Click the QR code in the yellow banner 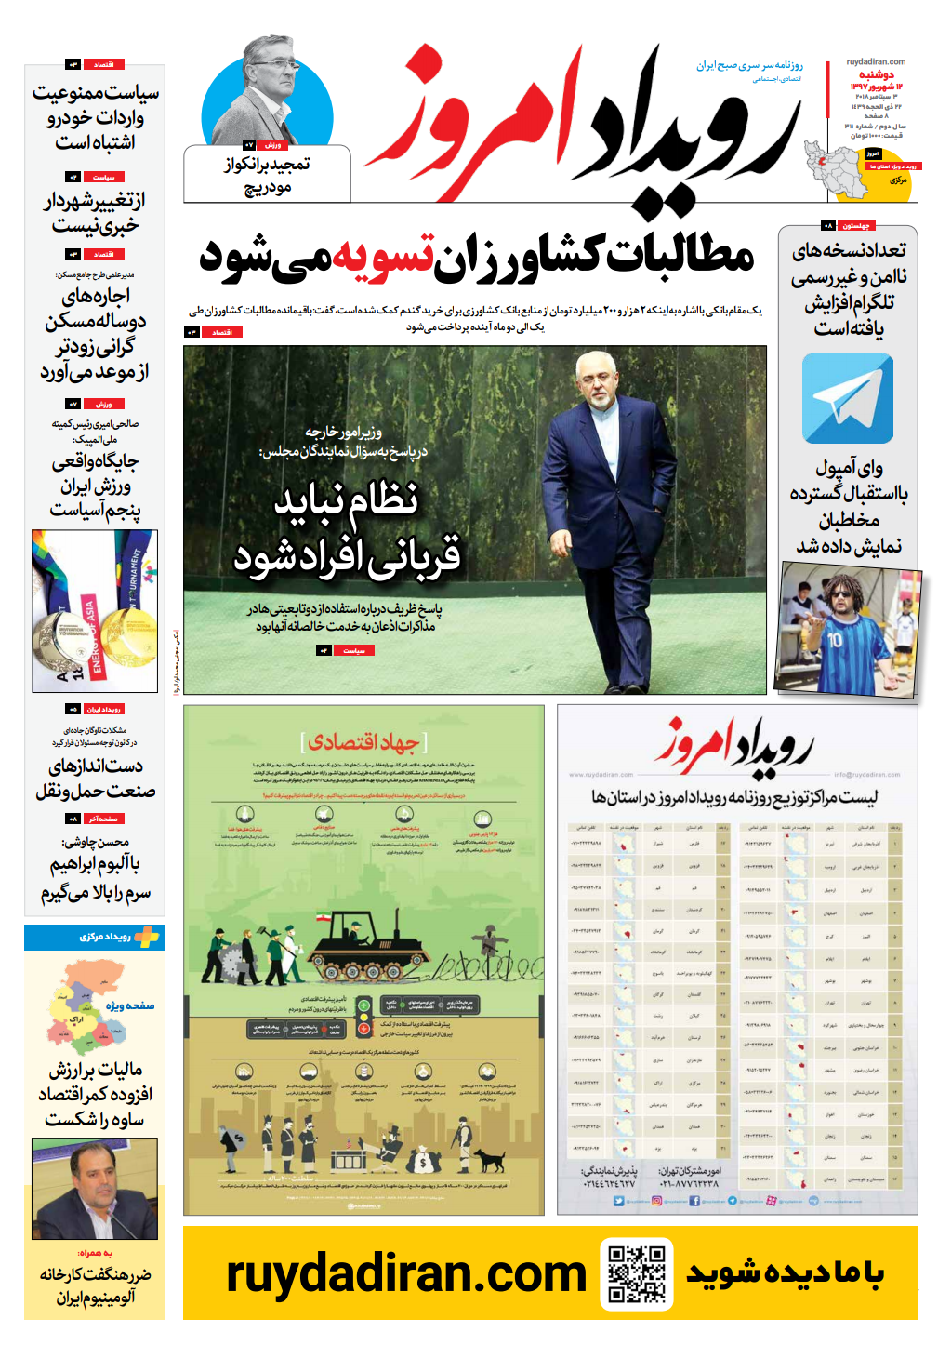pos(637,1272)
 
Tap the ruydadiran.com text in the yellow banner pos(406,1273)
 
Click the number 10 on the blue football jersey pos(834,640)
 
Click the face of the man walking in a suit pos(596,382)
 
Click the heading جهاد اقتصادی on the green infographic pos(363,741)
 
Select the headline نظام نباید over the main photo pos(346,501)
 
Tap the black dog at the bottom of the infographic pos(490,1159)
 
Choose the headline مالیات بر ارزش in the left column pos(96,1070)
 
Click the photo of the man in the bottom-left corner pos(94,1188)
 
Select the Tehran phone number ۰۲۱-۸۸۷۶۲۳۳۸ pos(689,1184)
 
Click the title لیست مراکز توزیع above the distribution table pos(734,797)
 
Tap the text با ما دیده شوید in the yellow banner pos(785,1273)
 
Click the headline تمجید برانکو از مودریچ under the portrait pos(268,175)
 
